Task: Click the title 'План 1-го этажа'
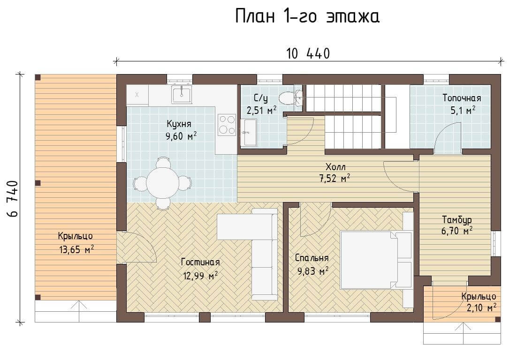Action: pos(307,16)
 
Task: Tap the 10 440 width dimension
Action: pos(308,54)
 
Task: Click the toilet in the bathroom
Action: pos(290,97)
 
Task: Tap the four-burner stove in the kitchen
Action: pos(227,125)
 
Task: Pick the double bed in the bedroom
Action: pos(376,260)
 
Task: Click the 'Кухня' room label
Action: pos(179,124)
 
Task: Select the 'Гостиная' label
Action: pos(200,262)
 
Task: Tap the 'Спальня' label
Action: pos(312,258)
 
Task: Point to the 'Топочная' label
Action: pos(462,98)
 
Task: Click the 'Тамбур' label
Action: pos(457,219)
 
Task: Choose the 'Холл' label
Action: pos(335,166)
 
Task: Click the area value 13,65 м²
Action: pos(76,249)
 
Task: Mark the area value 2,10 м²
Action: pos(482,307)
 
